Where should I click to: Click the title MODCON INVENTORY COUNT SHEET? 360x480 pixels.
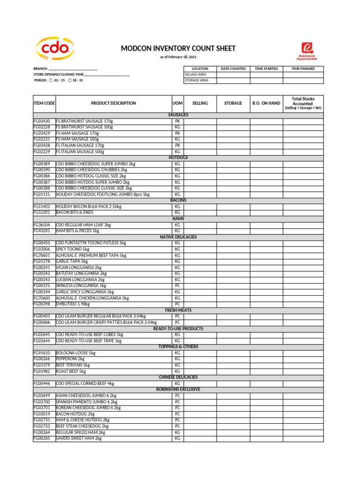tap(178, 49)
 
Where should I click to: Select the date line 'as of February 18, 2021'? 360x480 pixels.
tap(178, 57)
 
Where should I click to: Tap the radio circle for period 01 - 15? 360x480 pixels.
tap(51, 80)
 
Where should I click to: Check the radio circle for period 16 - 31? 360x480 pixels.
tap(70, 80)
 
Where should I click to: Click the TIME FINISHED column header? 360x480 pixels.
tap(303, 68)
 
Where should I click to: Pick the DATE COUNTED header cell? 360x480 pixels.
tap(233, 68)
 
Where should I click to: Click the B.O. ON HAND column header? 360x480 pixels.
tap(266, 103)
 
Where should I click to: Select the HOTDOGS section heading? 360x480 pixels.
tap(178, 158)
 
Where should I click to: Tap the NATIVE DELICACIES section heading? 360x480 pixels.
tap(178, 237)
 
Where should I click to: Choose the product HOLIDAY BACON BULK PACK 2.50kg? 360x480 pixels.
tap(89, 206)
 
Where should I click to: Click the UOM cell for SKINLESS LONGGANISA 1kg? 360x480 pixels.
tap(178, 285)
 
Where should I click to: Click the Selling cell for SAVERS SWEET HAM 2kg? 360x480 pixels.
tap(200, 438)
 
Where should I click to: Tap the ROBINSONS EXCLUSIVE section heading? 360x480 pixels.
tap(178, 389)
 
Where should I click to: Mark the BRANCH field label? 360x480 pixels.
tap(41, 68)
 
